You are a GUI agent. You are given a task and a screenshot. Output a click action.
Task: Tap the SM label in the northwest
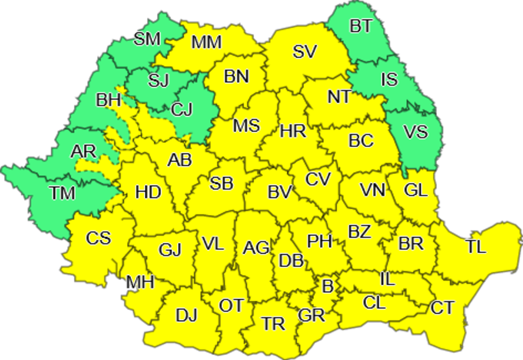pos(147,39)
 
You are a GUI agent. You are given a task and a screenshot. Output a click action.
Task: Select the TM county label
pos(63,193)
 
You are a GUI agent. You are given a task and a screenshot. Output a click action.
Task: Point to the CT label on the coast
pos(442,308)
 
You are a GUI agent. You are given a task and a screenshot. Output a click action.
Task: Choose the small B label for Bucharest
pos(327,286)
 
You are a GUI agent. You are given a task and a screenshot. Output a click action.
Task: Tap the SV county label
pos(304,51)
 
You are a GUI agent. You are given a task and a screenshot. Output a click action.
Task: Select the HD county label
pos(148,193)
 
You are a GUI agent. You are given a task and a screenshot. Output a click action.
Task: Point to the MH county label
pos(140,283)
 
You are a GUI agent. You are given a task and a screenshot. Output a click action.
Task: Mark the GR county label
pos(312,316)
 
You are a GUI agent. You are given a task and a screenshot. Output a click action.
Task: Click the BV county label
pos(279,192)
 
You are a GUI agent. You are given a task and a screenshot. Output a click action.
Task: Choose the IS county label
pos(389,80)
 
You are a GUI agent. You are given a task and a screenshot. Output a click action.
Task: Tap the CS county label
pos(99,238)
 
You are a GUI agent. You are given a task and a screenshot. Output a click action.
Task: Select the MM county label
pos(207,42)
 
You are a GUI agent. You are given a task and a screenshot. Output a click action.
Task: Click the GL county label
pos(416,190)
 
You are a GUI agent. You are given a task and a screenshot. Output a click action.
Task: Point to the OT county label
pos(231,306)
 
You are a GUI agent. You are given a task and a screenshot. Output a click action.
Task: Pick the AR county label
pos(84,152)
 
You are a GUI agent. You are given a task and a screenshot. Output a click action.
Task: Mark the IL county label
pos(387,279)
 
